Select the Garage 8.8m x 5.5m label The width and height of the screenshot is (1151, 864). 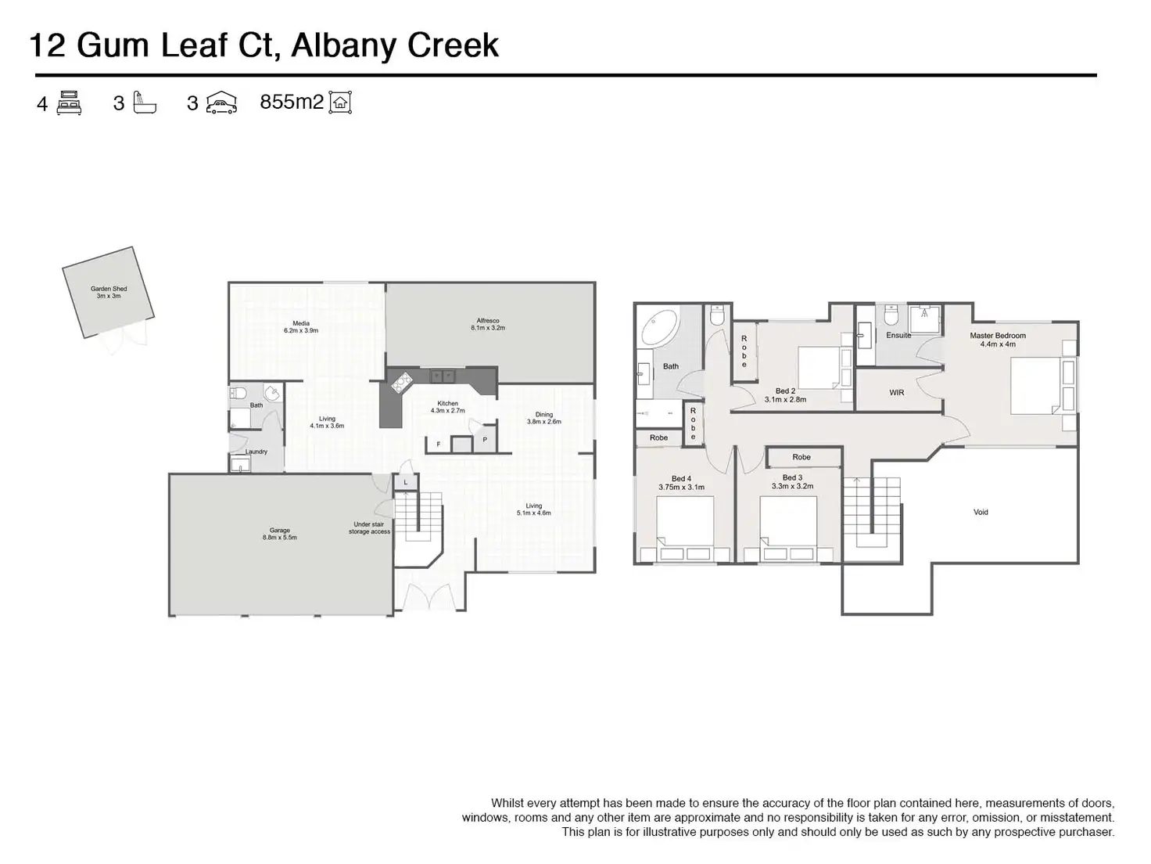pyautogui.click(x=279, y=534)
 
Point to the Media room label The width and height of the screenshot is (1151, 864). pyautogui.click(x=301, y=327)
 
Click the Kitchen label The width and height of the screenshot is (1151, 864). pyautogui.click(x=447, y=407)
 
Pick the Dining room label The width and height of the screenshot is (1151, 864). pyautogui.click(x=543, y=418)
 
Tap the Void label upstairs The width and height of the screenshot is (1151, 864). pyautogui.click(x=981, y=512)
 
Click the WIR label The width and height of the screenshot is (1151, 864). pyautogui.click(x=897, y=393)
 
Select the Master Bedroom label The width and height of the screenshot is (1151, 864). pyautogui.click(x=998, y=340)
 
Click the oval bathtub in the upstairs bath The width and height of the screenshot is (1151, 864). pyautogui.click(x=661, y=328)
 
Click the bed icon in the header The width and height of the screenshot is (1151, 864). pyautogui.click(x=70, y=103)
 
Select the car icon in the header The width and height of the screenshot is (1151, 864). pyautogui.click(x=221, y=103)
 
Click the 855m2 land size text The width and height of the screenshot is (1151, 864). pyautogui.click(x=291, y=103)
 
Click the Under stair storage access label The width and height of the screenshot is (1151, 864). pyautogui.click(x=369, y=528)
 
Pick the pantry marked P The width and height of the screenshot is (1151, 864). pyautogui.click(x=485, y=440)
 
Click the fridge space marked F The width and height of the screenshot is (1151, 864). pyautogui.click(x=439, y=445)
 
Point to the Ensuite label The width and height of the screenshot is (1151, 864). pyautogui.click(x=898, y=336)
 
